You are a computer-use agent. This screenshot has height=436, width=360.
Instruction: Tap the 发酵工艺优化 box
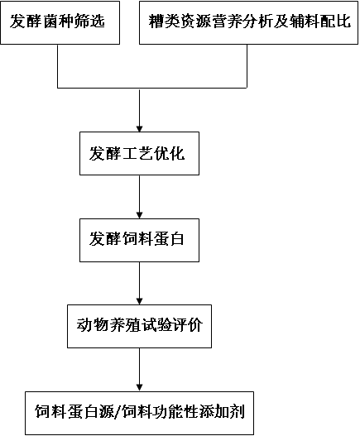[x=139, y=153]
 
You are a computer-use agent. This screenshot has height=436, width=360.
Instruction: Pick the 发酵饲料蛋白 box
[x=139, y=239]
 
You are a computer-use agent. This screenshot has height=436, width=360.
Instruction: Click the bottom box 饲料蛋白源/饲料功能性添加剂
[x=139, y=411]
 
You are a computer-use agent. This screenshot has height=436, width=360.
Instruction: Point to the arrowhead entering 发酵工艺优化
[x=139, y=126]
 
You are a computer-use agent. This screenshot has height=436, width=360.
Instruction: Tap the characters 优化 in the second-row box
[x=175, y=153]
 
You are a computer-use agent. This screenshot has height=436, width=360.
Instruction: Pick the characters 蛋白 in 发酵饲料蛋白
[x=175, y=239]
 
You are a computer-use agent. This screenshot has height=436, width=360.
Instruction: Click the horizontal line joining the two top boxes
[x=151, y=88]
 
